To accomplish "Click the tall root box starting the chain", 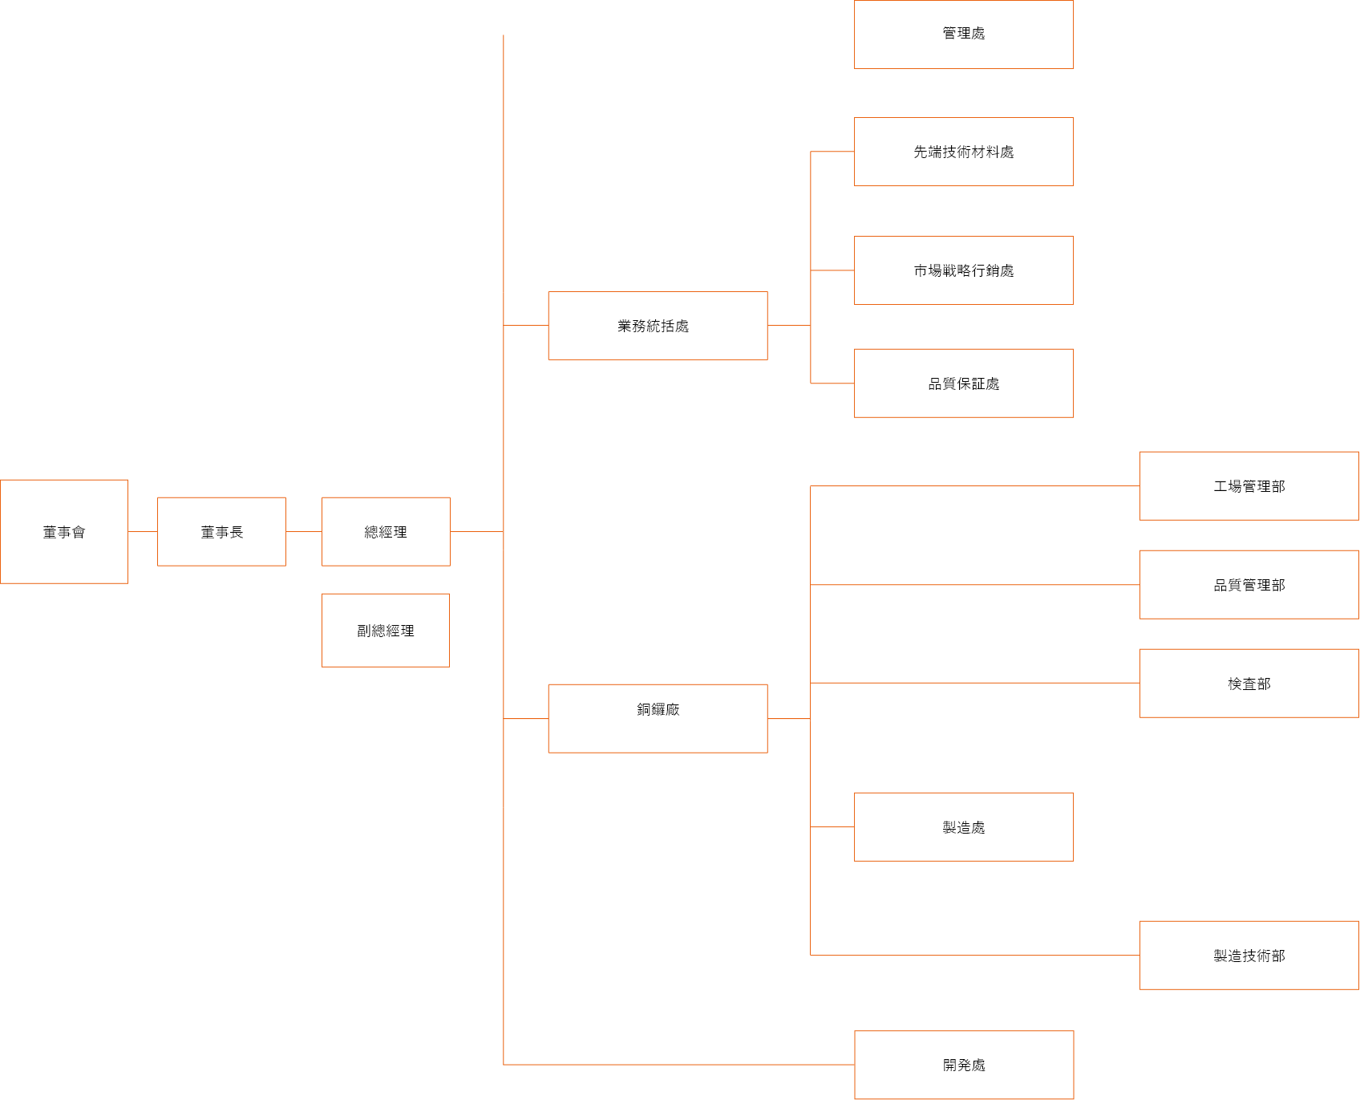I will [64, 531].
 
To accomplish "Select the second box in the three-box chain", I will [221, 531].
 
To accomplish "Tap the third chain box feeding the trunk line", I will [386, 531].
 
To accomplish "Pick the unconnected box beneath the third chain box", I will [386, 630].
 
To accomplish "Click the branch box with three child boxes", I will [658, 325].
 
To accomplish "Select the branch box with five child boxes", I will [658, 718].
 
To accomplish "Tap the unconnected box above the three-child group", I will [964, 35].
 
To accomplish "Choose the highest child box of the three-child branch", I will [964, 152].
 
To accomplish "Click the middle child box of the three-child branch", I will [964, 270].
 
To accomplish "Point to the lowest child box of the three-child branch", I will [964, 383].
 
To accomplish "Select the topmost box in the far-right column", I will [1249, 485].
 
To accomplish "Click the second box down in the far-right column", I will [1249, 584].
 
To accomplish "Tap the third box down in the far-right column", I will [1249, 683].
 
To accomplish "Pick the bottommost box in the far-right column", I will [1249, 955].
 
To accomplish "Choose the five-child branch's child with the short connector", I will [964, 826].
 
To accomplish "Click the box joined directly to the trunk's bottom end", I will [964, 1065].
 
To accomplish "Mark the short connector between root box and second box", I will [143, 531].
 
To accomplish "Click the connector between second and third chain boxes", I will [303, 531].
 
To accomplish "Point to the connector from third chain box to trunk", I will [476, 531].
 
